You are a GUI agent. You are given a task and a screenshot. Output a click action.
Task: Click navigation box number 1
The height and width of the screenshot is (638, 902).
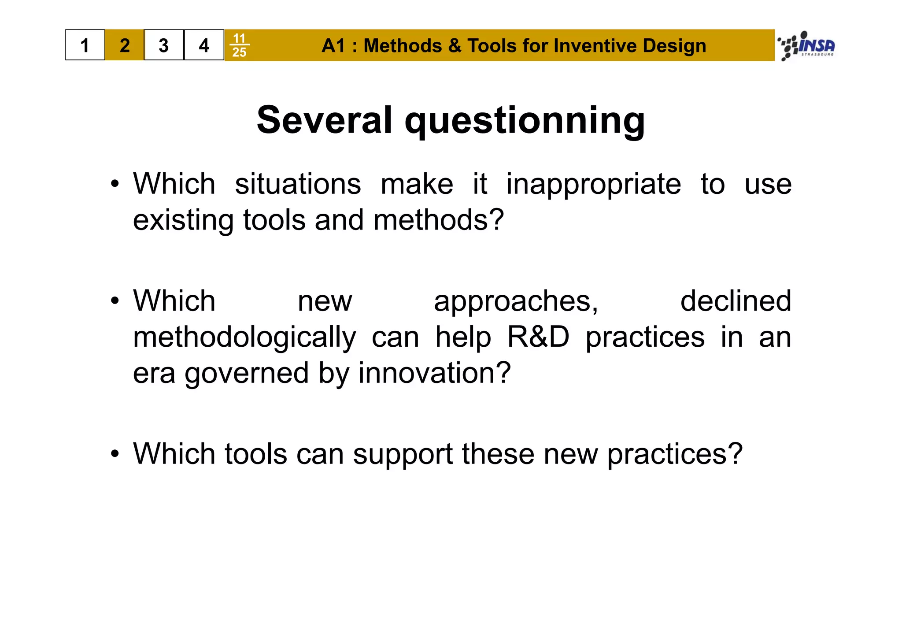click(85, 45)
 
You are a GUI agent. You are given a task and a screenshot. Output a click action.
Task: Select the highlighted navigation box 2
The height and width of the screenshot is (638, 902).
click(125, 45)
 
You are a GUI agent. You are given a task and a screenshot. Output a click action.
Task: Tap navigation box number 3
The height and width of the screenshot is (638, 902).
click(164, 45)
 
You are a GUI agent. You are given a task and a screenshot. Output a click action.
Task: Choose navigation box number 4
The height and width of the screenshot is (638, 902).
click(203, 45)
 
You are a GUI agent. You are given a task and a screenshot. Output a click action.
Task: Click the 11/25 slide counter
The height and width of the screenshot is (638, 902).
click(239, 45)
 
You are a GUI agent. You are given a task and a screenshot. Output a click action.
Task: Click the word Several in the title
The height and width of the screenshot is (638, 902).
click(324, 120)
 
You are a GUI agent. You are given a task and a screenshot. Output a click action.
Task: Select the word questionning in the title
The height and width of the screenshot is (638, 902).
click(525, 121)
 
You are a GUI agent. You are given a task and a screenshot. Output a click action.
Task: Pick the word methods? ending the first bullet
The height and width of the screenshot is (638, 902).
click(438, 220)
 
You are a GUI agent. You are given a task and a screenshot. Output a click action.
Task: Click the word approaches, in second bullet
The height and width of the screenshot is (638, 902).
click(516, 301)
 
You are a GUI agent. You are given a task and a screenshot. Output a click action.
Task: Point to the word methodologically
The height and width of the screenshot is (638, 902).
click(244, 338)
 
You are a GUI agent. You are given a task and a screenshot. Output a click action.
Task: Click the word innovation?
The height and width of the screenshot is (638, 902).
click(434, 373)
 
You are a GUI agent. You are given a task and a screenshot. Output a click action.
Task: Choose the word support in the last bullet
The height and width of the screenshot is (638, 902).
click(403, 454)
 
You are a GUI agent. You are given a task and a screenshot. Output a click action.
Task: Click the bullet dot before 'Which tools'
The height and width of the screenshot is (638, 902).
click(115, 454)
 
